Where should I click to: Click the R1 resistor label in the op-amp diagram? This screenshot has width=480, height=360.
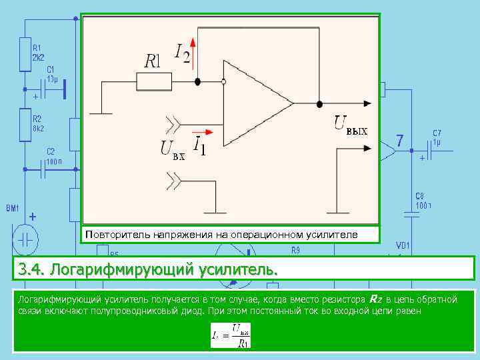click(153, 61)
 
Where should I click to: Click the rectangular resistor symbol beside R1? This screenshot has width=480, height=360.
click(153, 81)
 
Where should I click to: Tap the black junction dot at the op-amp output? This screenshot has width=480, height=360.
click(320, 103)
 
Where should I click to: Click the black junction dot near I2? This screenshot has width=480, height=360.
click(197, 81)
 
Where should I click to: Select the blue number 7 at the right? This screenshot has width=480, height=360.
click(399, 141)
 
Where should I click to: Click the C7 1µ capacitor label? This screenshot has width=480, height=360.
click(437, 137)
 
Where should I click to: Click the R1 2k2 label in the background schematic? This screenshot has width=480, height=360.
click(38, 53)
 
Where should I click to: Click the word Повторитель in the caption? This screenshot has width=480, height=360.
click(113, 235)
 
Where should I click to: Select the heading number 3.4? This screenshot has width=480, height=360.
click(31, 270)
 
